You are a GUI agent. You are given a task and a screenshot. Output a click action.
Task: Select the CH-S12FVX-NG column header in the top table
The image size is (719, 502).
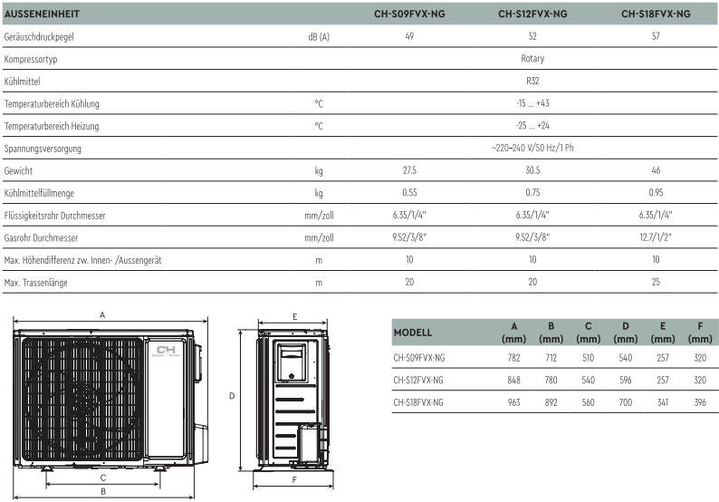(x=532, y=14)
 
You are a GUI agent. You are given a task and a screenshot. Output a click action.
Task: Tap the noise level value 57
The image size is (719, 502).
(x=656, y=37)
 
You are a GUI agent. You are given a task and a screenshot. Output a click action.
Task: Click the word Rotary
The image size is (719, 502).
(x=532, y=59)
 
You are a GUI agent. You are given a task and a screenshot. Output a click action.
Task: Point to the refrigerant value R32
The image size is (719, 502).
(x=532, y=82)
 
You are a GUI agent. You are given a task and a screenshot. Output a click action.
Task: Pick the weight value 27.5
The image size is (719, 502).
(x=409, y=170)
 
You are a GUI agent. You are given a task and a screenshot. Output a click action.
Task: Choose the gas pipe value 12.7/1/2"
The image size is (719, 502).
(x=656, y=237)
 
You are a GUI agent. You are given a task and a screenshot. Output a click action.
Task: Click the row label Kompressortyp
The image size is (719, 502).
(x=31, y=59)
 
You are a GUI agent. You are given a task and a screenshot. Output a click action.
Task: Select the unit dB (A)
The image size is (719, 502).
(x=319, y=37)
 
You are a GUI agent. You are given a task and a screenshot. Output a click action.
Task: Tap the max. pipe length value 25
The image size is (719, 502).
(x=656, y=282)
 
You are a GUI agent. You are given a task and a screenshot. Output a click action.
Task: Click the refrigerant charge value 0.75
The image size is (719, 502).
(x=532, y=193)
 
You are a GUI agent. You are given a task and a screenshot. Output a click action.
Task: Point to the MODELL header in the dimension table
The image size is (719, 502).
(x=413, y=333)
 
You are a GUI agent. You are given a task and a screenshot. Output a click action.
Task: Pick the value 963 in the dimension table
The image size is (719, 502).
(x=514, y=401)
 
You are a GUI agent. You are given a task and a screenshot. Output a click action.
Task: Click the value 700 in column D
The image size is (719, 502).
(x=625, y=401)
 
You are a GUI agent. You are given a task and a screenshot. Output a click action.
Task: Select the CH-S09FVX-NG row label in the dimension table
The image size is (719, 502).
(x=419, y=357)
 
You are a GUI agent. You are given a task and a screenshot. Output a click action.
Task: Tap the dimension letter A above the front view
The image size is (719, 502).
(x=103, y=315)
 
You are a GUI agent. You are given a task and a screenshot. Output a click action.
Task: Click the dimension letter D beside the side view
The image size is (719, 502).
(x=232, y=396)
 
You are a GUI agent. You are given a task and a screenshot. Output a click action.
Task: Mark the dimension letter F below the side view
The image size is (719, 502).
(x=295, y=479)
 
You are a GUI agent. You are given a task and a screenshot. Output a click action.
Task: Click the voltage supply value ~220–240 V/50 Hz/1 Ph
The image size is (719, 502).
(x=532, y=148)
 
